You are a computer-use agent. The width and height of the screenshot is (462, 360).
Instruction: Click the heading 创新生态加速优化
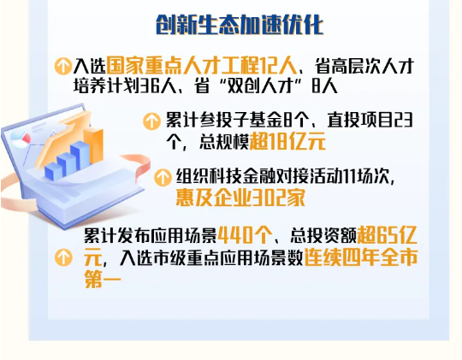point(240,24)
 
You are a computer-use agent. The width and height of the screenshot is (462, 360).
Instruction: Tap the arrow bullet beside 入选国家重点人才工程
point(63,66)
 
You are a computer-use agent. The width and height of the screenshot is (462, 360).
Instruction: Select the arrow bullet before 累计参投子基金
point(151,121)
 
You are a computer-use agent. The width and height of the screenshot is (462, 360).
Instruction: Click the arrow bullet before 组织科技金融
point(163,177)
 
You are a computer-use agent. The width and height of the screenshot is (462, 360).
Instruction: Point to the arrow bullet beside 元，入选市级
point(63,257)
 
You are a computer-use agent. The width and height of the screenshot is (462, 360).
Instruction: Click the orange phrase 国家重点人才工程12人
point(201,66)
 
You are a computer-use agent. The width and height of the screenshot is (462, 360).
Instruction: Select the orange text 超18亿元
point(287,141)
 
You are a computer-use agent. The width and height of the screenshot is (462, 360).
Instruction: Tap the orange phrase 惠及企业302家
point(240,198)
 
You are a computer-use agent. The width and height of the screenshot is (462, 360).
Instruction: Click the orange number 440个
point(246,236)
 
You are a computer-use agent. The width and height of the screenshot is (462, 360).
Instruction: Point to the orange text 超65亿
point(388,236)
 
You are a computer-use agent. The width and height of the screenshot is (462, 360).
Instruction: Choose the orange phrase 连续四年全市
point(361,257)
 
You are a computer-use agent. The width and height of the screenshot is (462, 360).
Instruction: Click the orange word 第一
point(103,279)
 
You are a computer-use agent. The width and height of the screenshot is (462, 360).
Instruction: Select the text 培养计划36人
point(125,86)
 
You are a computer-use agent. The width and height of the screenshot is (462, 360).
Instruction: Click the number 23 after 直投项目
point(403,121)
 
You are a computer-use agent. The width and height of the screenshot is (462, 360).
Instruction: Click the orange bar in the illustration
point(94,145)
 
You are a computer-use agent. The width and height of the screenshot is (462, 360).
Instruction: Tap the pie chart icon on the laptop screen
point(21,139)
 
